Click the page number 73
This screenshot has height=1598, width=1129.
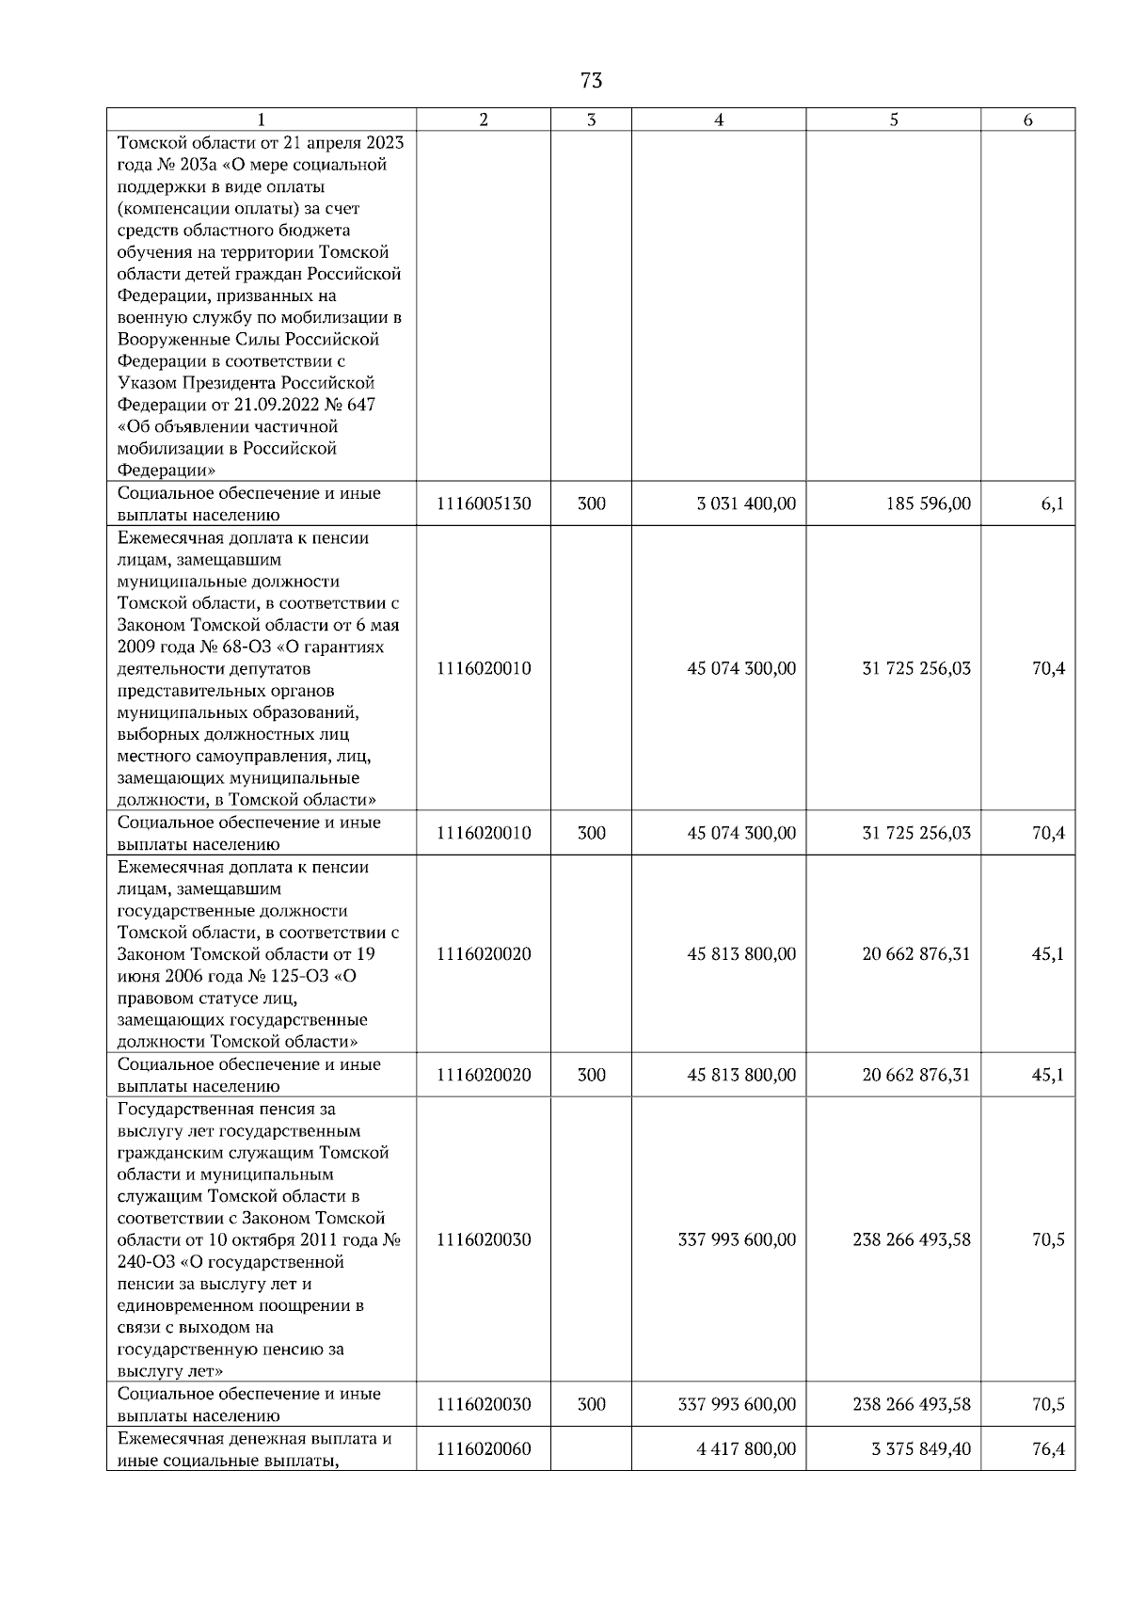(592, 81)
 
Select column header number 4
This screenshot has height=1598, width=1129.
(719, 120)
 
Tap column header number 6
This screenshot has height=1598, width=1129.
(1027, 120)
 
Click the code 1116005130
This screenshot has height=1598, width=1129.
(484, 504)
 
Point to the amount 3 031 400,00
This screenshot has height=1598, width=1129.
(746, 504)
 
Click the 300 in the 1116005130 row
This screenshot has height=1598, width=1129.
(591, 504)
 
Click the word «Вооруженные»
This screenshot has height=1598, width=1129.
(176, 340)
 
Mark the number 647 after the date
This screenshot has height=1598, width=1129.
(358, 406)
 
